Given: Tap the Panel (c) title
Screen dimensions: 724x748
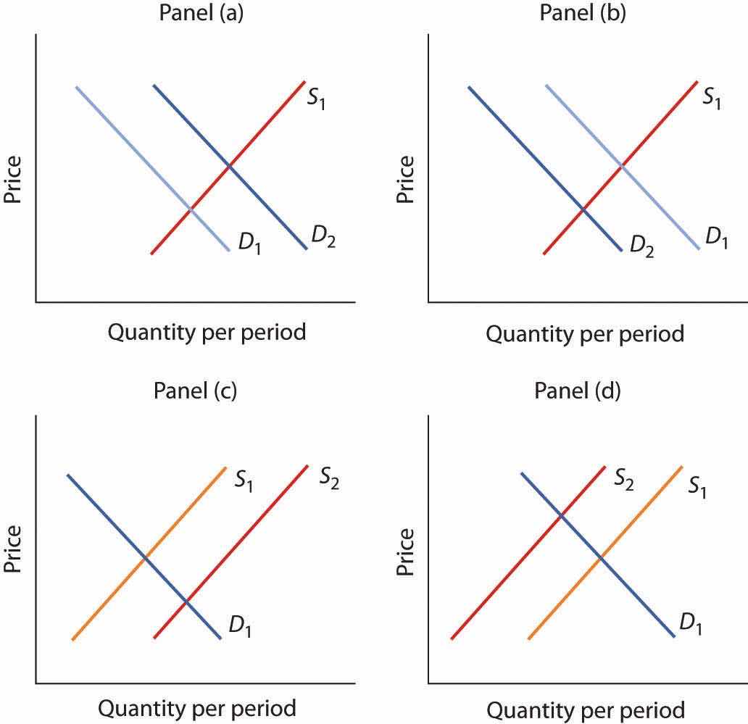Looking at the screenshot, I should [x=196, y=391].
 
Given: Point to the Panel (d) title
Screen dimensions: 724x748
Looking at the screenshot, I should [x=578, y=391].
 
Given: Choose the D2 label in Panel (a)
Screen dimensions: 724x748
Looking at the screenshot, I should [x=323, y=236].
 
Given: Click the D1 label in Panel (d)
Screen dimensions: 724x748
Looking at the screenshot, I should [x=691, y=621].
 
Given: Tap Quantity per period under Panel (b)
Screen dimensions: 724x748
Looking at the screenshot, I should [x=585, y=334].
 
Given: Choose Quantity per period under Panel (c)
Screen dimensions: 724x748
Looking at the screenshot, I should [x=196, y=708].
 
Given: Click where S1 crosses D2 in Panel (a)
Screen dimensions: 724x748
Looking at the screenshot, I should [x=230, y=167].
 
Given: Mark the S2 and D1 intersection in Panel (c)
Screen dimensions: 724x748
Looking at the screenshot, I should [x=186, y=601].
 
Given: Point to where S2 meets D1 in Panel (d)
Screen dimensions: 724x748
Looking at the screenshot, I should [x=560, y=515].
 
